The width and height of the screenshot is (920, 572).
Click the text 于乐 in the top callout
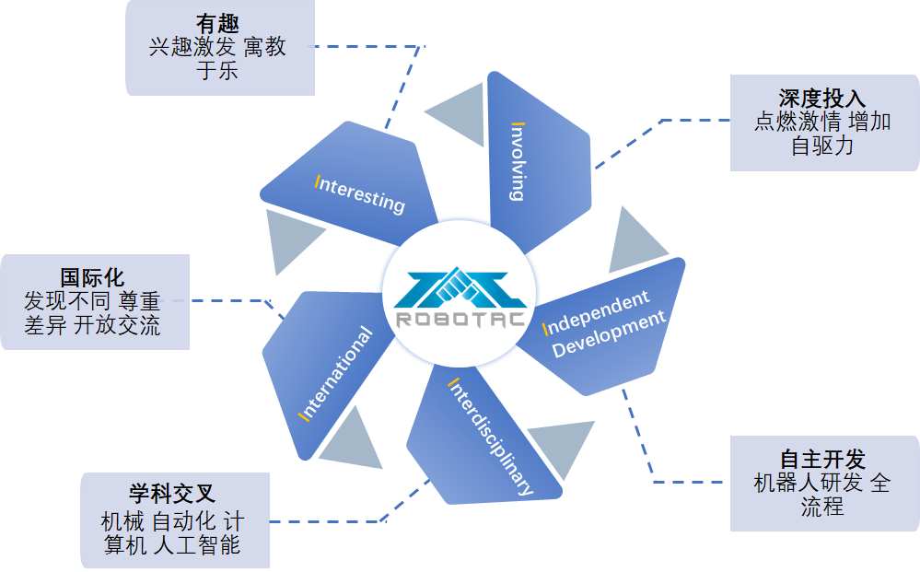(x=218, y=71)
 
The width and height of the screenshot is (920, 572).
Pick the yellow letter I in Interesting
(x=318, y=182)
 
